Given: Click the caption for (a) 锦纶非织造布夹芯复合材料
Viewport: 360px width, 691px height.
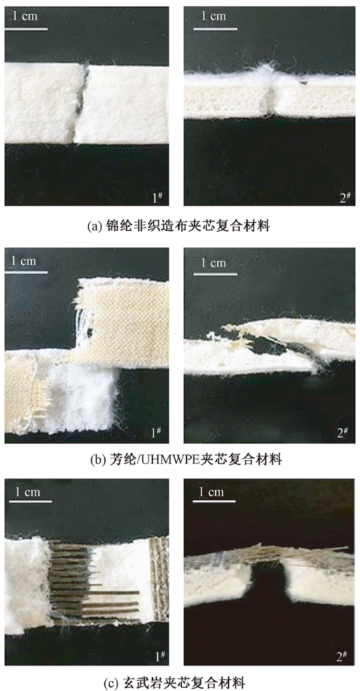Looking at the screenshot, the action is click(180, 227).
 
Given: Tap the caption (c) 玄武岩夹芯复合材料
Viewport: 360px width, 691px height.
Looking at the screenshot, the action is click(180, 682).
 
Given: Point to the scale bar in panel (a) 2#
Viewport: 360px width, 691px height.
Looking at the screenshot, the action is click(214, 29).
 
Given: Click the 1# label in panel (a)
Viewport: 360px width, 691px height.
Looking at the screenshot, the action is click(156, 198).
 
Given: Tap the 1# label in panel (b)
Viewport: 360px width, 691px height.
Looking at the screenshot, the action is click(156, 433).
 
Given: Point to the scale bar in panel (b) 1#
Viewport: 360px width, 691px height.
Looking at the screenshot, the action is click(26, 272).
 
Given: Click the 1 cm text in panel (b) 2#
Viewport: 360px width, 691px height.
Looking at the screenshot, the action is click(213, 263).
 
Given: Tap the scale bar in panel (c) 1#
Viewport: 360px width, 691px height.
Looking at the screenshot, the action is click(31, 501).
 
